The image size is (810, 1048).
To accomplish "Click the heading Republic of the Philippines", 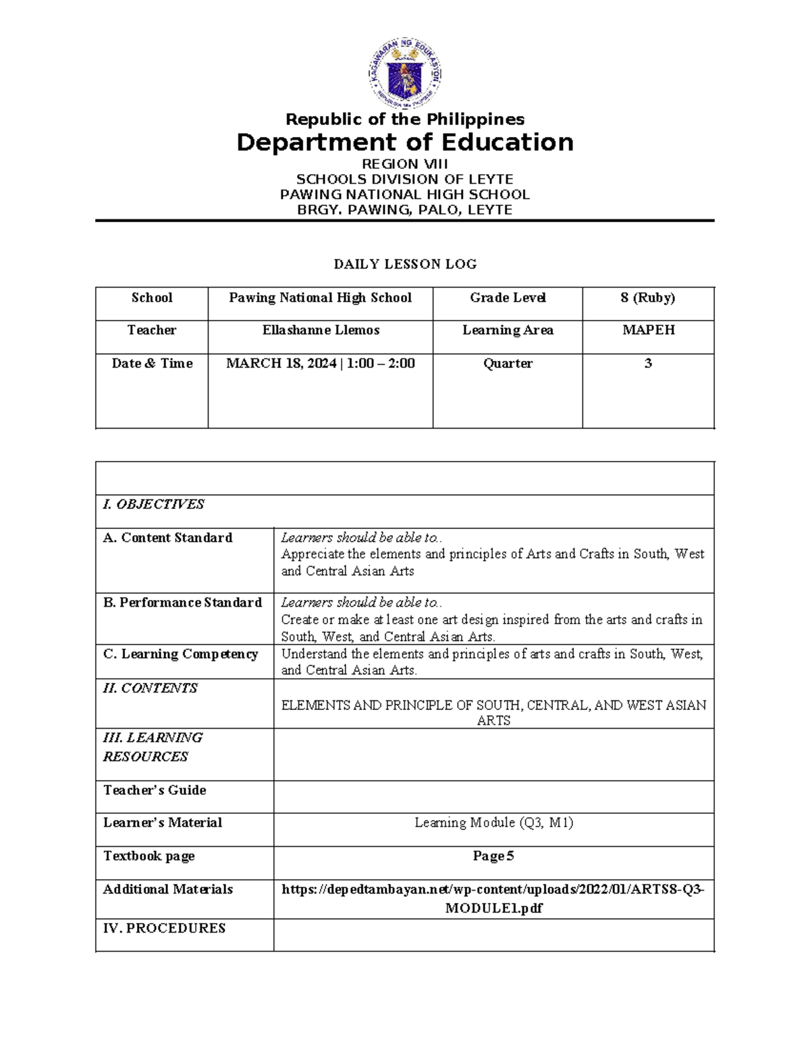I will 404,119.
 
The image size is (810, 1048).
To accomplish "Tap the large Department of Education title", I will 404,142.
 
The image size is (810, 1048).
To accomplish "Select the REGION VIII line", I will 404,164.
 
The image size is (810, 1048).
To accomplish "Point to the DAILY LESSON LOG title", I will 405,264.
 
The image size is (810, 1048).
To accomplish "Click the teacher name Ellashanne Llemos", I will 321,330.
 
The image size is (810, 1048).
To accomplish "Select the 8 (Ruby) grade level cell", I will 647,298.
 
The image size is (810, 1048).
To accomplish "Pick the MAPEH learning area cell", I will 647,330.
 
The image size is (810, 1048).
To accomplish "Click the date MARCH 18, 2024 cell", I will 321,363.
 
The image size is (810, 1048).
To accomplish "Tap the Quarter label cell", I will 508,363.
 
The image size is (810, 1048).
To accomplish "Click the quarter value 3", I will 647,363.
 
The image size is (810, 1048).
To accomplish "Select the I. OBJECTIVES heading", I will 153,504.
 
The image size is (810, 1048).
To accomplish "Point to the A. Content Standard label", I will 167,538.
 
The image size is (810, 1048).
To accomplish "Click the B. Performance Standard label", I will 182,603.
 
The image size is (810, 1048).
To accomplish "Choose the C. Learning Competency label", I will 180,654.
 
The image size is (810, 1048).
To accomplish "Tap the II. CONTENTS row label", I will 150,688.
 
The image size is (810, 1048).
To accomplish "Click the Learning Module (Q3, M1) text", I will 493,823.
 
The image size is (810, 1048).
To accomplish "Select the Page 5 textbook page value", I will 493,856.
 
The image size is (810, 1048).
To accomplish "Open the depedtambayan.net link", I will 493,889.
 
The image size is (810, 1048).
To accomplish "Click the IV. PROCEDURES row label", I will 164,928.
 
